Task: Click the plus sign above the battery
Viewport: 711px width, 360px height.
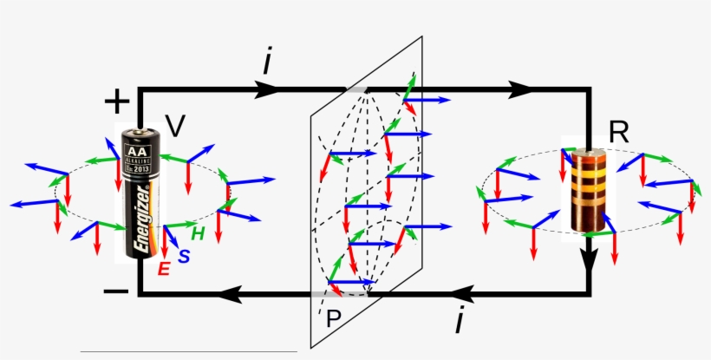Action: (x=115, y=102)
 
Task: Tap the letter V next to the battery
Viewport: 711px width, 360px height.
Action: (x=175, y=127)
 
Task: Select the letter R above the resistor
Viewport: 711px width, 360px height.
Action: (x=618, y=132)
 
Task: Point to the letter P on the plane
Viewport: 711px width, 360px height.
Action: (x=333, y=318)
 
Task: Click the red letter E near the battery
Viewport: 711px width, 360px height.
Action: (x=163, y=270)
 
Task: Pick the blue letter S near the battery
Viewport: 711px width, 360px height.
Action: (x=184, y=257)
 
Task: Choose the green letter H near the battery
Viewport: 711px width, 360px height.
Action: (x=198, y=233)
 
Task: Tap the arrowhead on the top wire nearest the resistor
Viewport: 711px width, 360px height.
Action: (x=520, y=88)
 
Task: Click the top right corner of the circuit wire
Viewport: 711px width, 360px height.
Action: (x=590, y=88)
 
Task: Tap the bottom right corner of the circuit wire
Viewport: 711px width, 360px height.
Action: (x=590, y=294)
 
